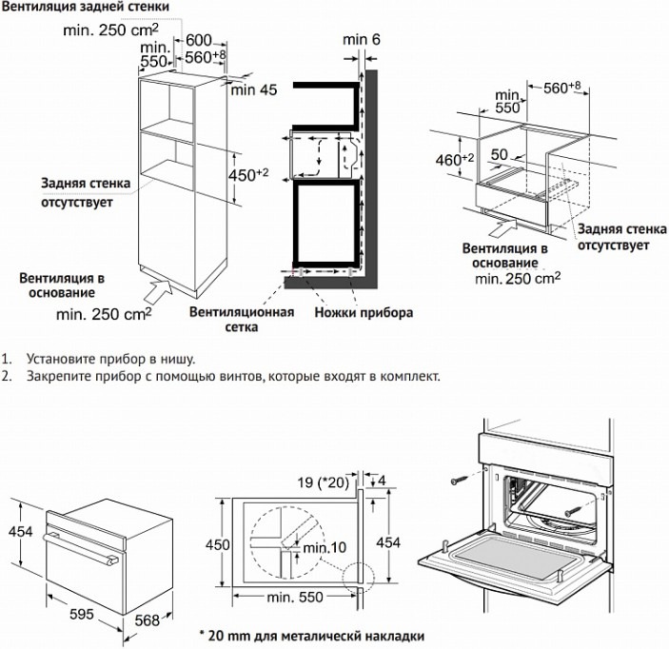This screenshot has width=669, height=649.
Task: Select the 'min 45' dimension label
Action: [253, 90]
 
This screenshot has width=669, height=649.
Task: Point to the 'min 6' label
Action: [362, 38]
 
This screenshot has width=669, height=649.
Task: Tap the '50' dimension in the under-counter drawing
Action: [499, 154]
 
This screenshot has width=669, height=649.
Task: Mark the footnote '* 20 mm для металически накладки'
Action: [311, 635]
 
